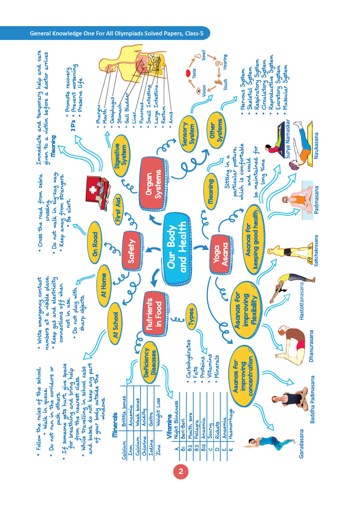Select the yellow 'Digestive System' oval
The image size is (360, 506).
pyautogui.click(x=120, y=156)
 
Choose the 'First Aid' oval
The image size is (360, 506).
pyautogui.click(x=118, y=209)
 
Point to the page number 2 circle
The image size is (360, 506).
pyautogui.click(x=181, y=471)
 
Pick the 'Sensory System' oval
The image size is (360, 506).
pyautogui.click(x=188, y=134)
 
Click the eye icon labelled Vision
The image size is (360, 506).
pyautogui.click(x=199, y=91)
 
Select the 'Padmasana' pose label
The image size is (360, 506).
pyautogui.click(x=316, y=200)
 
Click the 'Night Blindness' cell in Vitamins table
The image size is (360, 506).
pyautogui.click(x=176, y=420)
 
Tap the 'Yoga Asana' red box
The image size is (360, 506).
pyautogui.click(x=221, y=254)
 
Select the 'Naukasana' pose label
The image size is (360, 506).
pyautogui.click(x=316, y=145)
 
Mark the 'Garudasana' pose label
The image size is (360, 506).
pyautogui.click(x=301, y=443)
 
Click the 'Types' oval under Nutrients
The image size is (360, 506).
pyautogui.click(x=191, y=318)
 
